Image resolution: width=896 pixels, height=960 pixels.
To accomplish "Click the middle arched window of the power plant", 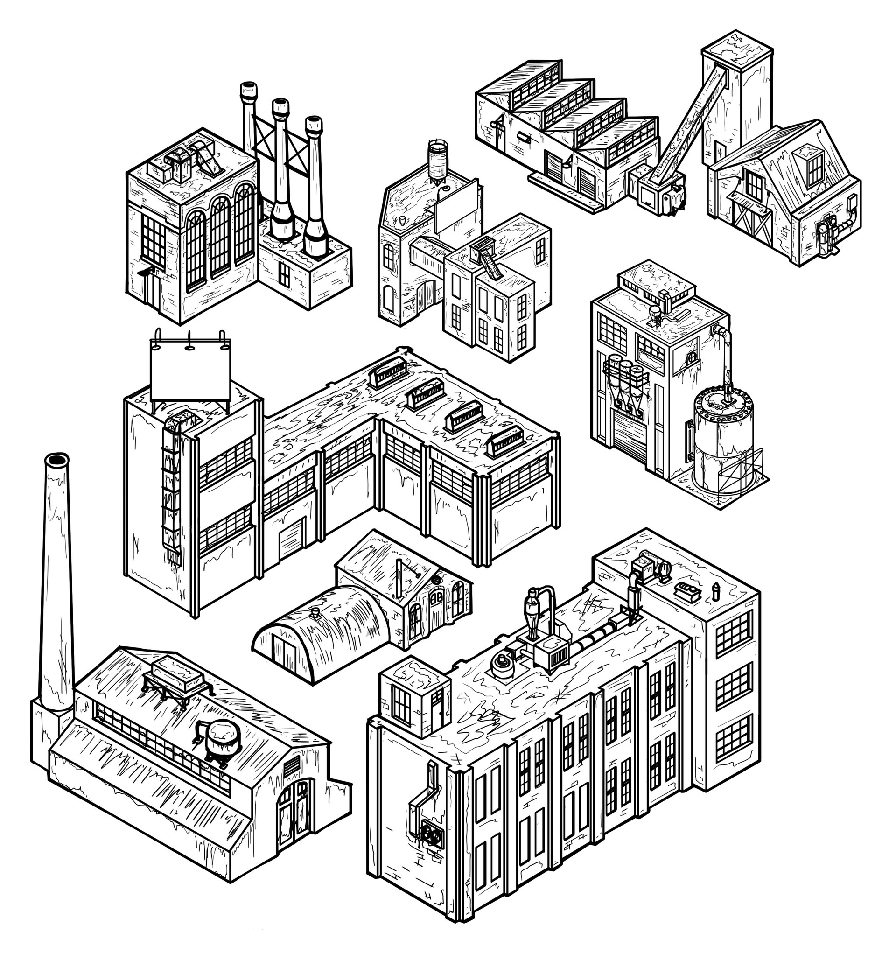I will (x=220, y=237).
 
